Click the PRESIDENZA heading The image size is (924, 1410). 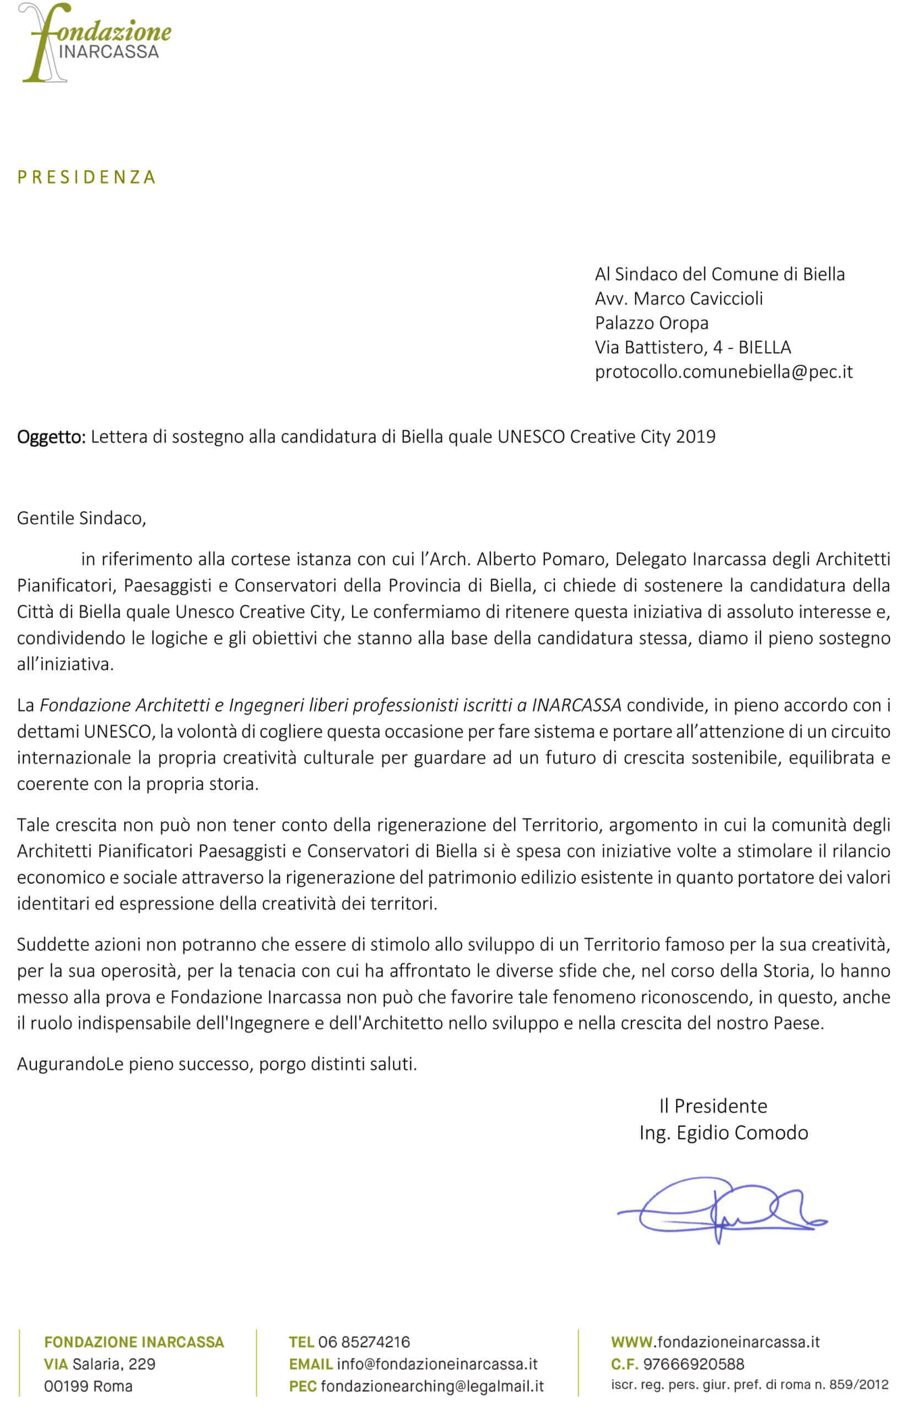click(x=87, y=177)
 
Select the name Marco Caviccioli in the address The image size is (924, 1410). click(x=698, y=299)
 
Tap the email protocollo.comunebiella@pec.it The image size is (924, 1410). click(x=723, y=372)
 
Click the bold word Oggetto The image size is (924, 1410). click(x=51, y=437)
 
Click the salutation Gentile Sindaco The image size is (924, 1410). click(x=81, y=518)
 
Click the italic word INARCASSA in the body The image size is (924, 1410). click(x=576, y=706)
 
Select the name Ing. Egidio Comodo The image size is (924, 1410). click(x=723, y=1133)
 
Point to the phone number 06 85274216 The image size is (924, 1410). click(x=363, y=1342)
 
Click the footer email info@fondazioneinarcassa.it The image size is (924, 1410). click(x=437, y=1364)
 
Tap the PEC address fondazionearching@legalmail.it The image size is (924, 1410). click(x=432, y=1386)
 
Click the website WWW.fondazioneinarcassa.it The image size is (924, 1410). click(x=715, y=1342)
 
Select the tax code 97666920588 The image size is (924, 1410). click(x=694, y=1364)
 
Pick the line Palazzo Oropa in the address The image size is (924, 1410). click(x=651, y=323)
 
